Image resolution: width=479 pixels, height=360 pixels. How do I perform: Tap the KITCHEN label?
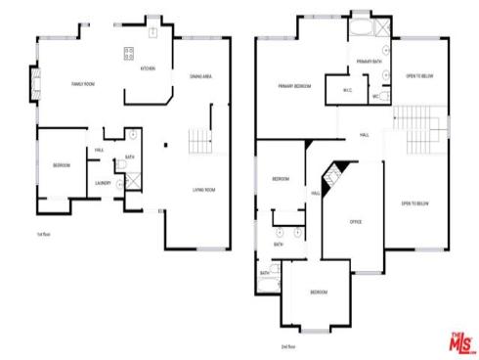point(148,69)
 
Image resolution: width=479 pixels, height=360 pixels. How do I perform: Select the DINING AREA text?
point(201,75)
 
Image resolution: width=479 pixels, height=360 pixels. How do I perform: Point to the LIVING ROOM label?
point(203,190)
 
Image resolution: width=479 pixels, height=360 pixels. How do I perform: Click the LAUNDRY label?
point(103,183)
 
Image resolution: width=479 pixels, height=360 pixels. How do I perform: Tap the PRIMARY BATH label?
point(370,62)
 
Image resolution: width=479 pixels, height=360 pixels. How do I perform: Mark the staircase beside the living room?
point(200,141)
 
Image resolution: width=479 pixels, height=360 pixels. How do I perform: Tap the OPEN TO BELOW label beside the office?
point(414,203)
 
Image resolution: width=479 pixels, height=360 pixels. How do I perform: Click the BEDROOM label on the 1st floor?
point(61,165)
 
